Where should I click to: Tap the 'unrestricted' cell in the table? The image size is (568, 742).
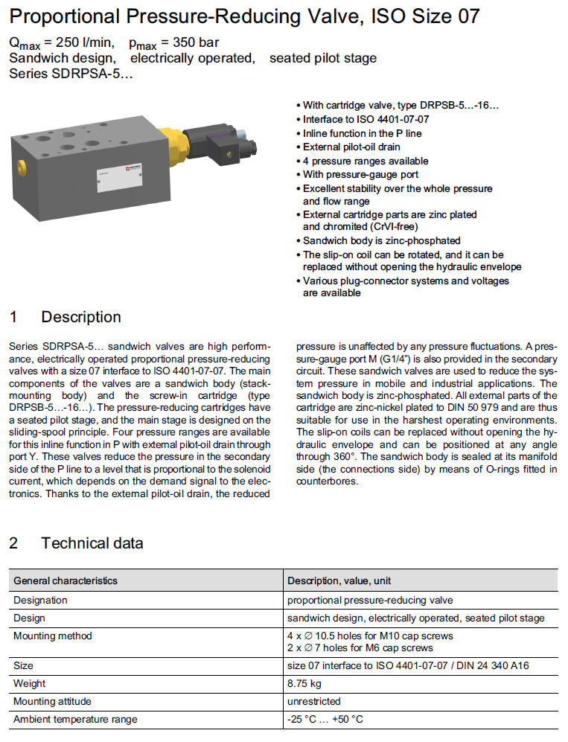[x=313, y=701]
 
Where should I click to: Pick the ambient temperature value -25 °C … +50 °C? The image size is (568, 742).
[x=325, y=719]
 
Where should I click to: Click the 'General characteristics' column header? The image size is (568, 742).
[x=66, y=581]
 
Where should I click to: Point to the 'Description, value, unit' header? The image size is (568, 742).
[x=339, y=581]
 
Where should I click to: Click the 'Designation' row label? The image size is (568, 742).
[x=40, y=600]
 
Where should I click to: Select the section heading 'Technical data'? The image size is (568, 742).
[x=92, y=543]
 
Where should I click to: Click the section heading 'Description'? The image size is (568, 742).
[x=81, y=317]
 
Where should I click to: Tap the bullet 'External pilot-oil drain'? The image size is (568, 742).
[x=351, y=147]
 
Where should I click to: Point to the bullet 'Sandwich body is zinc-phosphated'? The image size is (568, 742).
[x=381, y=240]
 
